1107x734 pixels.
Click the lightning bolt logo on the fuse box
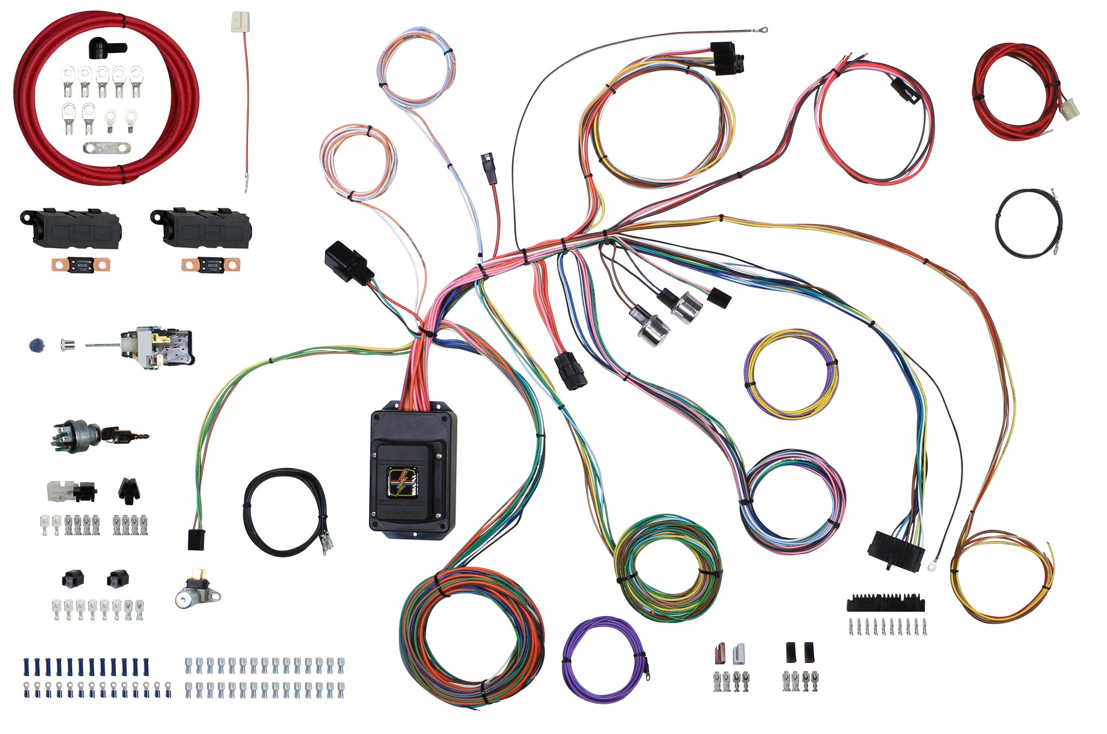403,481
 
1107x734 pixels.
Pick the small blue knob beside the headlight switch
35,345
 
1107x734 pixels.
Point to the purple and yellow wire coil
791,374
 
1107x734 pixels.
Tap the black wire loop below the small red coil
1028,223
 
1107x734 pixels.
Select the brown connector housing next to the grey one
721,654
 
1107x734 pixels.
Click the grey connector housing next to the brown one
738,654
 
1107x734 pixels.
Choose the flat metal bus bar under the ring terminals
106,148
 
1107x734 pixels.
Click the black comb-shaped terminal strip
885,603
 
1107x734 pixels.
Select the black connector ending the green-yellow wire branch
196,539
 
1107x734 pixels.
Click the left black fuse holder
71,228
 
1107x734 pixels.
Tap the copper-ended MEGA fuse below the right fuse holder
211,265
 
